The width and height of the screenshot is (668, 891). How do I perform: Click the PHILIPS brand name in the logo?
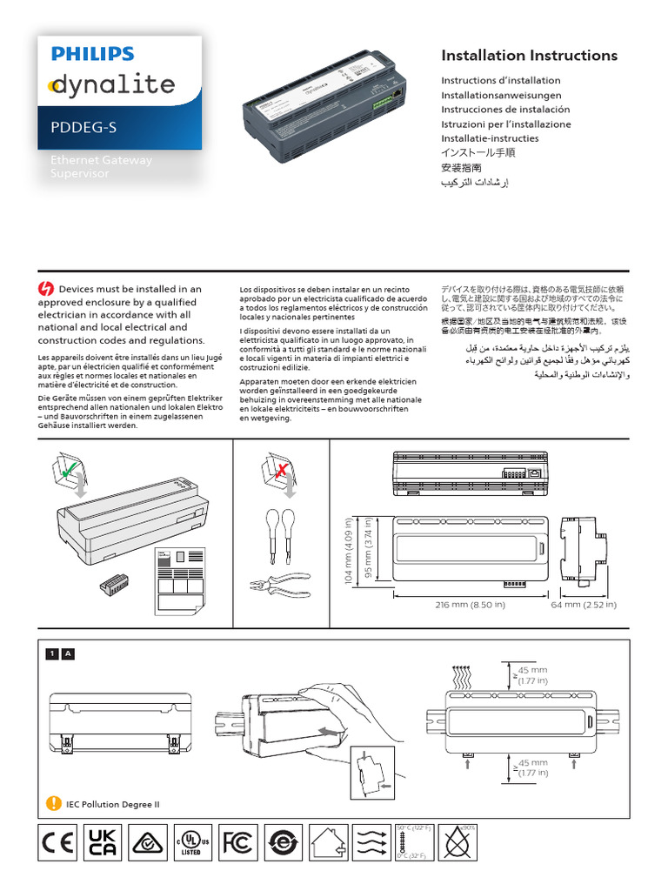[x=93, y=54]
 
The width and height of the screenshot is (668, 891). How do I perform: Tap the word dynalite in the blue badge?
[x=111, y=85]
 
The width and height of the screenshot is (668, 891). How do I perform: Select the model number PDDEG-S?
[x=83, y=129]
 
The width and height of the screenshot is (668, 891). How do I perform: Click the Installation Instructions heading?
[x=529, y=56]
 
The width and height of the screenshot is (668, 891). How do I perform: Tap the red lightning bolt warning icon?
[x=47, y=289]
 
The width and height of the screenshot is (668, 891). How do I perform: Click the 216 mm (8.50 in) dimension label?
[x=470, y=605]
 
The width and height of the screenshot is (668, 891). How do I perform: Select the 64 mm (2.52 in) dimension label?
[x=584, y=605]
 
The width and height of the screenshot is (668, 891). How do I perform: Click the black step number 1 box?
[x=52, y=653]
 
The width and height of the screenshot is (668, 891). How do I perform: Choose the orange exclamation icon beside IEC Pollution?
[x=54, y=804]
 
